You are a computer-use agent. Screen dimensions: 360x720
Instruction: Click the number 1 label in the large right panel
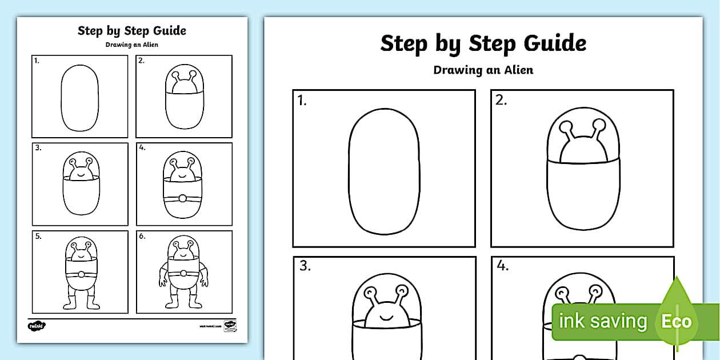[x=302, y=101]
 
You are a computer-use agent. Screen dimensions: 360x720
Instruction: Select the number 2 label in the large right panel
[x=501, y=101]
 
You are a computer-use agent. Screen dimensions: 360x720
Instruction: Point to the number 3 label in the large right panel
[x=305, y=266]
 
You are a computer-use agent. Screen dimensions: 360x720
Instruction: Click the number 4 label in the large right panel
[x=503, y=266]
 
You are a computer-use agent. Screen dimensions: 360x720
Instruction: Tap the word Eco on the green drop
[x=677, y=321]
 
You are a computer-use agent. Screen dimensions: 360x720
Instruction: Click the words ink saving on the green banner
[x=603, y=321]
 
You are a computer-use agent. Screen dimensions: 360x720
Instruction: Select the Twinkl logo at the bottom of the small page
[x=37, y=326]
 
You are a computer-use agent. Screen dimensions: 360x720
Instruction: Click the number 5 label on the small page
[x=38, y=235]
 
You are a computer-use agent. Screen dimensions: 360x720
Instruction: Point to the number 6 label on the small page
[x=142, y=235]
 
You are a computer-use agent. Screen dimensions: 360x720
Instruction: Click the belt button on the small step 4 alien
[x=183, y=198]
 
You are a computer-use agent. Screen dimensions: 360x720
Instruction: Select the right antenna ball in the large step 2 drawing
[x=599, y=124]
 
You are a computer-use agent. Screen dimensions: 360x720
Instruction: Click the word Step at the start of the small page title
[x=89, y=31]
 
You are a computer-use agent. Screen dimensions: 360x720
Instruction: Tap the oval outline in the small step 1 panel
[x=62, y=97]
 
